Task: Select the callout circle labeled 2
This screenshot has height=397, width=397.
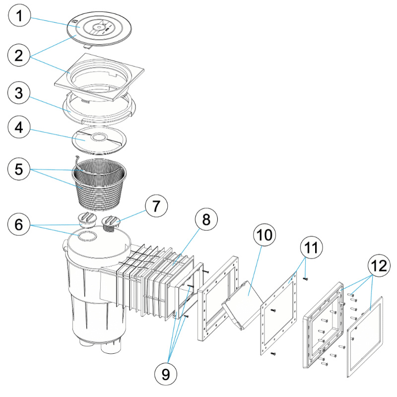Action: [x=19, y=55]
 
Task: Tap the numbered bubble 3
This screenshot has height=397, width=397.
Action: [x=19, y=93]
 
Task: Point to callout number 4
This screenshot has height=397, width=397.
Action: [x=19, y=131]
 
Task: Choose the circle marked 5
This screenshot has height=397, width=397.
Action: [x=19, y=169]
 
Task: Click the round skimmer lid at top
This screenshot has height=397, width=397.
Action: [x=101, y=27]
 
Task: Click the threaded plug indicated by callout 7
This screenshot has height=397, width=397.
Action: [x=113, y=223]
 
